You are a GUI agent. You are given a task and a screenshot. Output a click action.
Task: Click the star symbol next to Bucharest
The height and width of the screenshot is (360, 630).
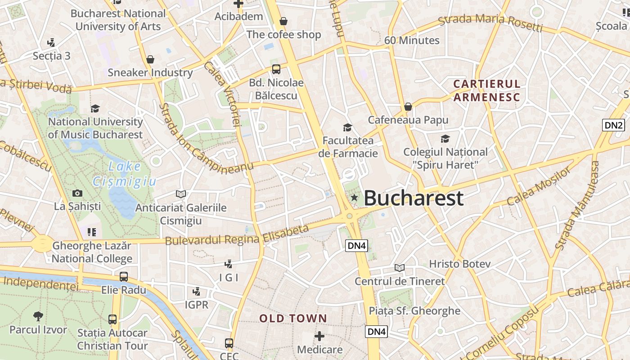pos(355,197)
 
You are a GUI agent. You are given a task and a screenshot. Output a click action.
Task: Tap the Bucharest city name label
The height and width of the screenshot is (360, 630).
pos(413,198)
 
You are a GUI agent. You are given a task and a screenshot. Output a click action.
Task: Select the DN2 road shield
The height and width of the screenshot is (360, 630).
pos(614,125)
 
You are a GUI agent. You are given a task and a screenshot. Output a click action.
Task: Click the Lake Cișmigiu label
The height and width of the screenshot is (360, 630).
pos(125,174)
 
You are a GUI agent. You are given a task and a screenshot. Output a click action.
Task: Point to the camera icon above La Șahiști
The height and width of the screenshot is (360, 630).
pos(77,193)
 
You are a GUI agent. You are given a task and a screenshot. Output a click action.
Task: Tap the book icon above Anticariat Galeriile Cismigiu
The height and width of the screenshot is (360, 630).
pos(181,194)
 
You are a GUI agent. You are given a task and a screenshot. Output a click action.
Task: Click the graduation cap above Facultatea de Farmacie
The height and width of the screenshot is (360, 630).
pos(347,127)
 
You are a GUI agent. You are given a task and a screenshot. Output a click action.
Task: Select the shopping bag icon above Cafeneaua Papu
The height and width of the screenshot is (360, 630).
pos(408,107)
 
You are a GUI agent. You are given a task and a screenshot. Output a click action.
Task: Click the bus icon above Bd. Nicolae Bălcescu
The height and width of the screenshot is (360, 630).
pos(276,69)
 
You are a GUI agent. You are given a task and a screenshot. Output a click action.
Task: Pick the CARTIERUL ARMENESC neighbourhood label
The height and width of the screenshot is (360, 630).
pos(486,90)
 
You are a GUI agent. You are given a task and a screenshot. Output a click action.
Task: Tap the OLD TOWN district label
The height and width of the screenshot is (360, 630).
pos(293,319)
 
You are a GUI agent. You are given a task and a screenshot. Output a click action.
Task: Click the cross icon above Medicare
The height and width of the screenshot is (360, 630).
pos(319,336)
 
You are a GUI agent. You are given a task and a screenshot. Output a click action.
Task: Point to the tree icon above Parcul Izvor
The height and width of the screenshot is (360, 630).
pos(38,316)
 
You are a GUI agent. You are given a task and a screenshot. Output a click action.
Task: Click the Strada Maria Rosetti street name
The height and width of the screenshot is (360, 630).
pos(490,24)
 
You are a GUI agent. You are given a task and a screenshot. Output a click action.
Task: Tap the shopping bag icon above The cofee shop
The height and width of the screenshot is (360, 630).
pos(283,21)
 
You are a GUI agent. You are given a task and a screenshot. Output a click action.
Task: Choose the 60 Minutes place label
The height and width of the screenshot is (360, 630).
pos(412,40)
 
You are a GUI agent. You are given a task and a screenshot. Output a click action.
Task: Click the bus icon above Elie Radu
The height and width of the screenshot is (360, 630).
pos(124,277)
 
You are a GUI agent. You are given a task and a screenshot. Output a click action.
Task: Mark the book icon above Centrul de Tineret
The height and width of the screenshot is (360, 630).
pos(400,268)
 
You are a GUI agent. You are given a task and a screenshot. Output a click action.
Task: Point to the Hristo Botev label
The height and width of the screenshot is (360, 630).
pos(459,264)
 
